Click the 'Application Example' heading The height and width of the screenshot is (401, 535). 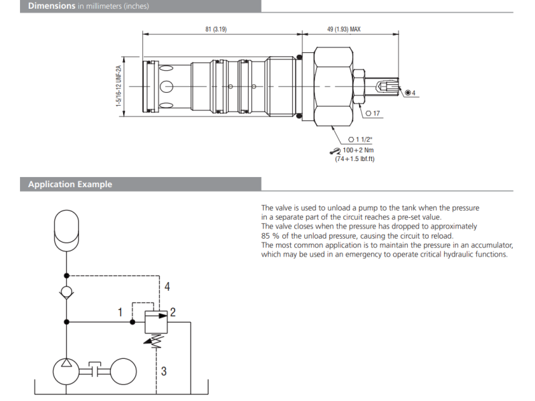pos(70,184)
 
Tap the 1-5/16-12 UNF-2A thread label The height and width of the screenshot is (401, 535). pos(118,86)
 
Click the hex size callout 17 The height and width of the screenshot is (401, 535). pos(376,114)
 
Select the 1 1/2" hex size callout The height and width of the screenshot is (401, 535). pos(360,140)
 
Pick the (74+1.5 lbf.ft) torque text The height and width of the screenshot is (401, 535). pos(355,159)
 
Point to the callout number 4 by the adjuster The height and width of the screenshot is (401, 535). pos(414,92)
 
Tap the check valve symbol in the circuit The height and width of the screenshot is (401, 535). pos(66,292)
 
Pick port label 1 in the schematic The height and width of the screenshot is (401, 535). pos(121,312)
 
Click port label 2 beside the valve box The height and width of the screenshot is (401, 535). pos(173,312)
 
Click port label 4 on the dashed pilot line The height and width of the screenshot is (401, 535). pos(168,287)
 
